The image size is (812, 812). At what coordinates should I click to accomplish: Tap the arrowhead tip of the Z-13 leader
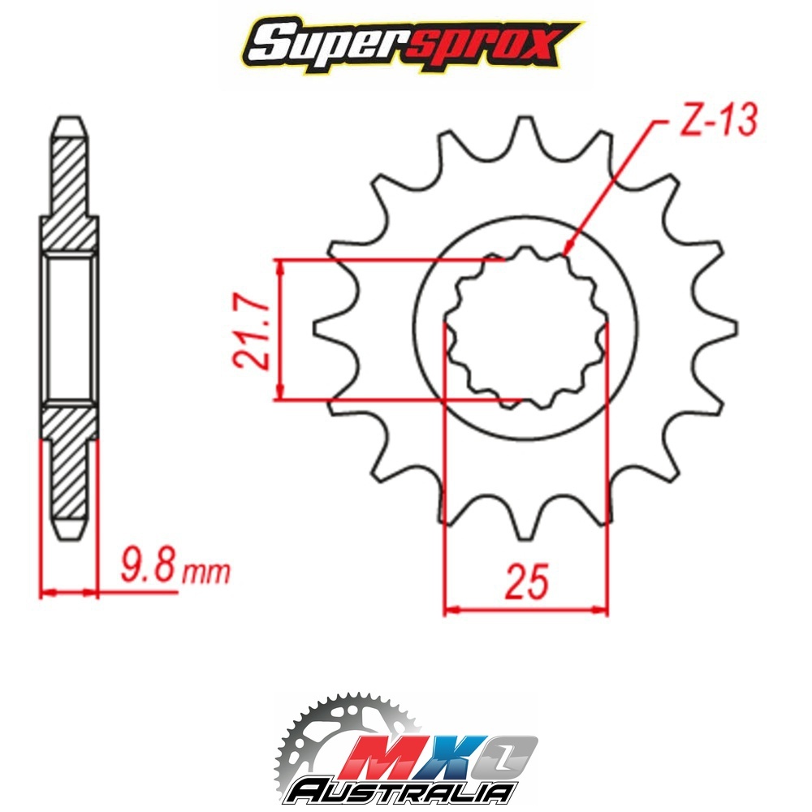point(564,255)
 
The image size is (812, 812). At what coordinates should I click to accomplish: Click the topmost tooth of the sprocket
point(526,135)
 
